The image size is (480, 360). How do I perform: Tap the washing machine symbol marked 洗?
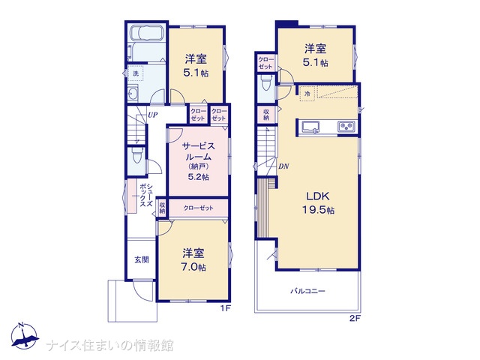click(135, 73)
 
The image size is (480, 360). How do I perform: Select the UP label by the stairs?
click(153, 115)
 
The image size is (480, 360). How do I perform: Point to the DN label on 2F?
click(283, 166)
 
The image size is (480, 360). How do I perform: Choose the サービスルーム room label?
click(198, 151)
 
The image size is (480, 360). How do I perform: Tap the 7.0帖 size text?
click(193, 267)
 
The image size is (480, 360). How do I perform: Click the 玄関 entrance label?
click(142, 259)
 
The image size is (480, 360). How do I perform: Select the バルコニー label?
click(307, 291)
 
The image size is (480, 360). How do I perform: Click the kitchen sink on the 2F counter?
click(310, 127)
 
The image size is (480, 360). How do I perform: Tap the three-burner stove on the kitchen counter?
click(346, 127)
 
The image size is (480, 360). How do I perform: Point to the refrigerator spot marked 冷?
click(307, 94)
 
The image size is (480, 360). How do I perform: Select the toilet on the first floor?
click(136, 155)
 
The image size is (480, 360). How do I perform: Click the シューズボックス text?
click(146, 196)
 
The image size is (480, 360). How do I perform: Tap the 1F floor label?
click(225, 308)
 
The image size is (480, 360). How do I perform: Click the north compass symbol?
click(25, 336)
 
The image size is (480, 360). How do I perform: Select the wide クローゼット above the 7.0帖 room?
click(198, 208)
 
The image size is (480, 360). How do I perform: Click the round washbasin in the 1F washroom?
click(133, 93)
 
